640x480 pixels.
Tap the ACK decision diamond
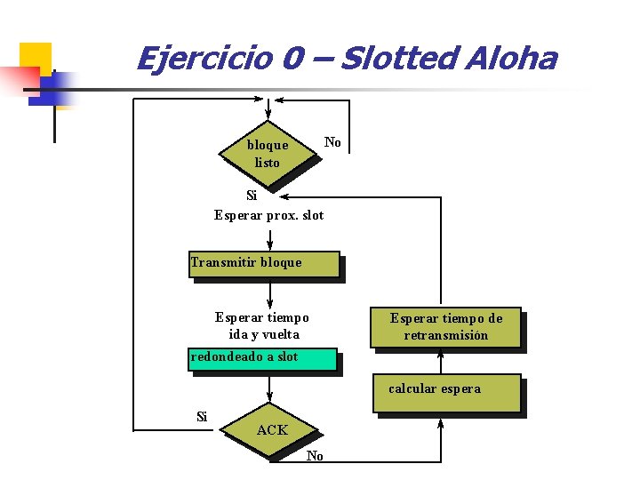(x=272, y=431)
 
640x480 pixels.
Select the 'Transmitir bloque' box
(x=264, y=264)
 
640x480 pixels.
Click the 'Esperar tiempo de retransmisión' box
(x=445, y=327)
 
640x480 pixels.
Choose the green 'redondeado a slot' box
(x=263, y=358)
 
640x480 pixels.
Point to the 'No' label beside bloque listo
(x=332, y=142)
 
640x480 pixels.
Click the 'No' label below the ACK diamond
(x=315, y=456)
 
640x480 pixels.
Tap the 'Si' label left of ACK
(x=202, y=416)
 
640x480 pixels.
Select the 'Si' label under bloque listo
(x=252, y=196)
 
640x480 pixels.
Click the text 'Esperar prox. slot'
(x=269, y=215)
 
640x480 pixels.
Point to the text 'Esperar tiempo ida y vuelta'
(x=262, y=325)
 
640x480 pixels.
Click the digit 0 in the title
(x=293, y=59)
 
